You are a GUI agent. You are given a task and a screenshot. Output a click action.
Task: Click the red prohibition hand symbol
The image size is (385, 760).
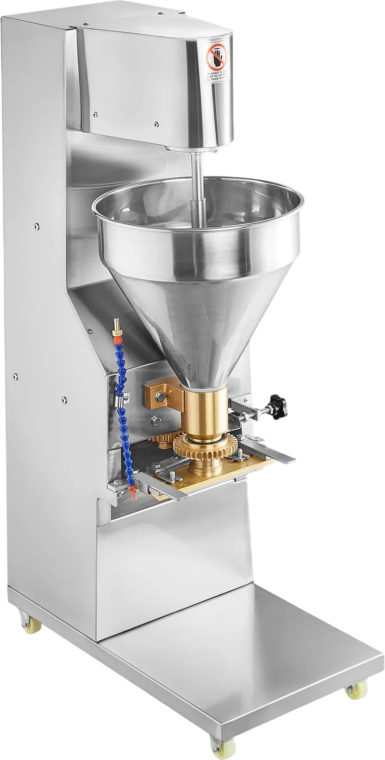pyautogui.click(x=216, y=57)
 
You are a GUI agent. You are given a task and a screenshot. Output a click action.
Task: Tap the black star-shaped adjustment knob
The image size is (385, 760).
pyautogui.click(x=277, y=407)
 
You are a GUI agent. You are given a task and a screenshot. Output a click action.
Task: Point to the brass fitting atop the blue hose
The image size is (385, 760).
pyautogui.click(x=116, y=328)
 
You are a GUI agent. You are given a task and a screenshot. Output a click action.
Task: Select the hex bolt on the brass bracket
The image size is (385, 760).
pyautogui.click(x=160, y=396)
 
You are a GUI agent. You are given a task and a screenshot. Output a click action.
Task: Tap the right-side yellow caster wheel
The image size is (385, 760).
pyautogui.click(x=354, y=693)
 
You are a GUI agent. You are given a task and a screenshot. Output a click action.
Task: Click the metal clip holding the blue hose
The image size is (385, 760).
pyautogui.click(x=121, y=399)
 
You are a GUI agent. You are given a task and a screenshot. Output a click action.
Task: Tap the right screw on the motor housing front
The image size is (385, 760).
pyautogui.click(x=156, y=124)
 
